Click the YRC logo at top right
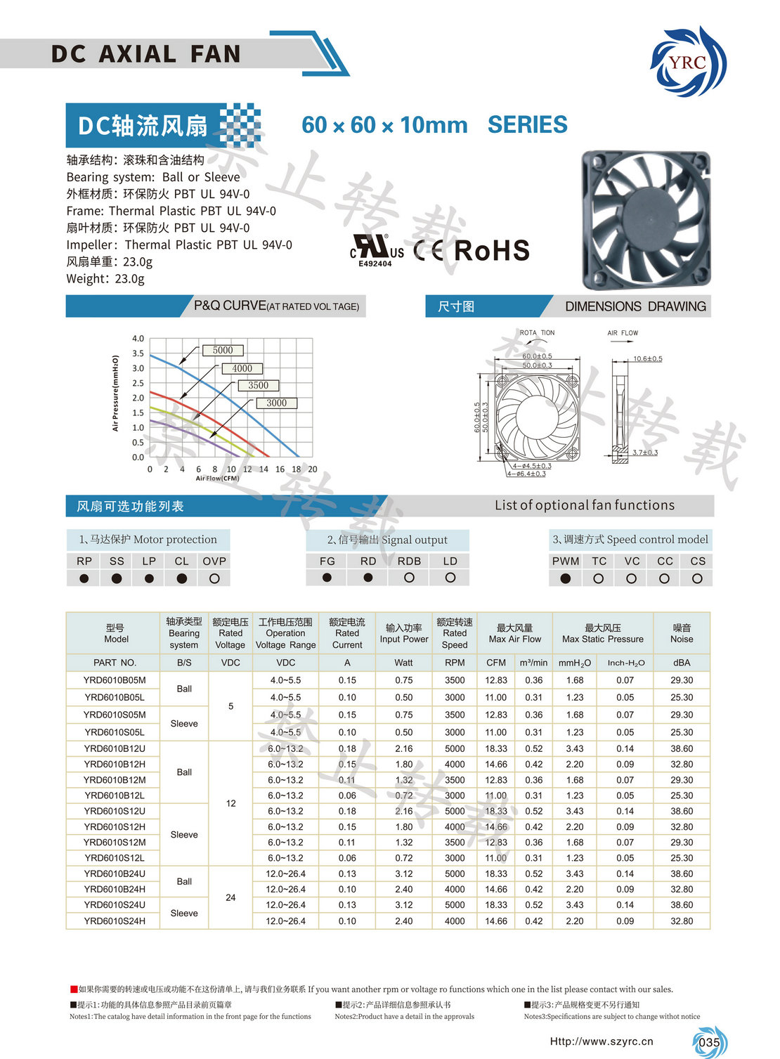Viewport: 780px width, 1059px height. point(688,62)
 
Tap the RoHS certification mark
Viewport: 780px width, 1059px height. point(491,251)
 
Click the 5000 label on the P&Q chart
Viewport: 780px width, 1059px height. point(223,350)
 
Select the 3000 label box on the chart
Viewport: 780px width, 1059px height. point(276,403)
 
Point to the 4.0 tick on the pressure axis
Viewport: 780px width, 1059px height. point(138,339)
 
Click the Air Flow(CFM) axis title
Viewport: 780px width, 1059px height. point(218,479)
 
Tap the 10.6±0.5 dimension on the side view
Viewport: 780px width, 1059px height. point(647,359)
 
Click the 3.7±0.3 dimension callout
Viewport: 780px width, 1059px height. point(644,453)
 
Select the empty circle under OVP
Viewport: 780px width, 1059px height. point(214,578)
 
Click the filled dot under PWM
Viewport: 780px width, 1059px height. point(565,579)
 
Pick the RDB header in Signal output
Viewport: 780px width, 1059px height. point(409,561)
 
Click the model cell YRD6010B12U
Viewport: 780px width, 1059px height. point(115,748)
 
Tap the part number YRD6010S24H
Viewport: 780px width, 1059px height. point(115,921)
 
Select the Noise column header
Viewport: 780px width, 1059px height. point(681,633)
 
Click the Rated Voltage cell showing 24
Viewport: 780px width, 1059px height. point(230,897)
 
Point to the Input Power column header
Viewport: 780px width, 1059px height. point(403,633)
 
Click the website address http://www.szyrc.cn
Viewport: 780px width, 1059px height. point(602,1041)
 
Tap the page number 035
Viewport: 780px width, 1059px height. point(710,1042)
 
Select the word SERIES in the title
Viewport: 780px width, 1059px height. point(527,125)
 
